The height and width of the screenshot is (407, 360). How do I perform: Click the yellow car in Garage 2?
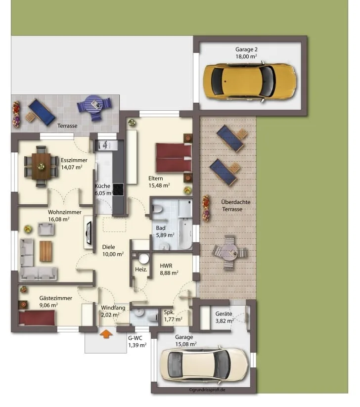point(250,81)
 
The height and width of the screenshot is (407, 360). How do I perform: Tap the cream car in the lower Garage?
point(204,362)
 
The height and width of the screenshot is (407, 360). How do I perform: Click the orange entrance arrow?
point(106,334)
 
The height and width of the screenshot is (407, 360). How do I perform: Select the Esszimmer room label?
point(74,160)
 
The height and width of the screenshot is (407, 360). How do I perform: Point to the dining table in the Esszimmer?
point(41,166)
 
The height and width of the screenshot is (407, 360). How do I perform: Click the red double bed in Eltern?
point(174,158)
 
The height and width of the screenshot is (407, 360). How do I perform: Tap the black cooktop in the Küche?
point(118,189)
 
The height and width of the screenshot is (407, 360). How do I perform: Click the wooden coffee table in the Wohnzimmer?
point(45,251)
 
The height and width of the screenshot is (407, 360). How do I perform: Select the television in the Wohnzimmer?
point(89,233)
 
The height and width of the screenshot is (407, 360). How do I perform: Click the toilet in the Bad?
point(157,209)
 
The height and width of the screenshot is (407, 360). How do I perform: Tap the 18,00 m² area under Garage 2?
point(246,56)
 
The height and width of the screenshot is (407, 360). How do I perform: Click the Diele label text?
point(108,247)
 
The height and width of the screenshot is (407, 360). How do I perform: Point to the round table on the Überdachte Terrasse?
point(229,252)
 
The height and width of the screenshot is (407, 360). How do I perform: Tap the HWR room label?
point(166,266)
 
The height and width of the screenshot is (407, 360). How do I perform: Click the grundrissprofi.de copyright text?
point(207,390)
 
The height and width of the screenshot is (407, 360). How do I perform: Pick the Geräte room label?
point(224,314)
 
